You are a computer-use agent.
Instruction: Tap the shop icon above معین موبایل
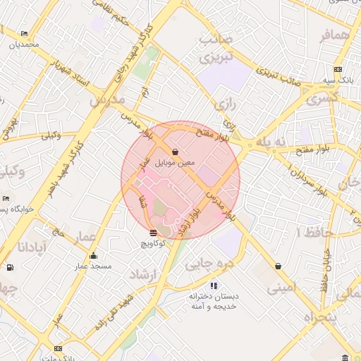pyautogui.click(x=175, y=152)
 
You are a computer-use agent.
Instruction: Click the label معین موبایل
pyautogui.click(x=174, y=163)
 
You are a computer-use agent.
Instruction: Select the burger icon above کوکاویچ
pyautogui.click(x=154, y=232)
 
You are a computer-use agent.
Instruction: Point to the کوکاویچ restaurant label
pyautogui.click(x=152, y=243)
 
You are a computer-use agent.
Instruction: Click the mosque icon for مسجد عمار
pyautogui.click(x=94, y=256)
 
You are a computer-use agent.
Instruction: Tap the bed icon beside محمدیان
pyautogui.click(x=25, y=33)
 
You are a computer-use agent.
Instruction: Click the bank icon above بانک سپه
pyautogui.click(x=338, y=69)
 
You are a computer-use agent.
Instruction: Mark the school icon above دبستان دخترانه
pyautogui.click(x=214, y=286)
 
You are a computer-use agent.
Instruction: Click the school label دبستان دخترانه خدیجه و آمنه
pyautogui.click(x=214, y=301)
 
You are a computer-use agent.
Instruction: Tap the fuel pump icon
pyautogui.click(x=9, y=267)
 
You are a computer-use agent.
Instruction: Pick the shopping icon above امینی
pyautogui.click(x=279, y=267)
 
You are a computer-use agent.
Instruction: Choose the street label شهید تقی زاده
pyautogui.click(x=112, y=314)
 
